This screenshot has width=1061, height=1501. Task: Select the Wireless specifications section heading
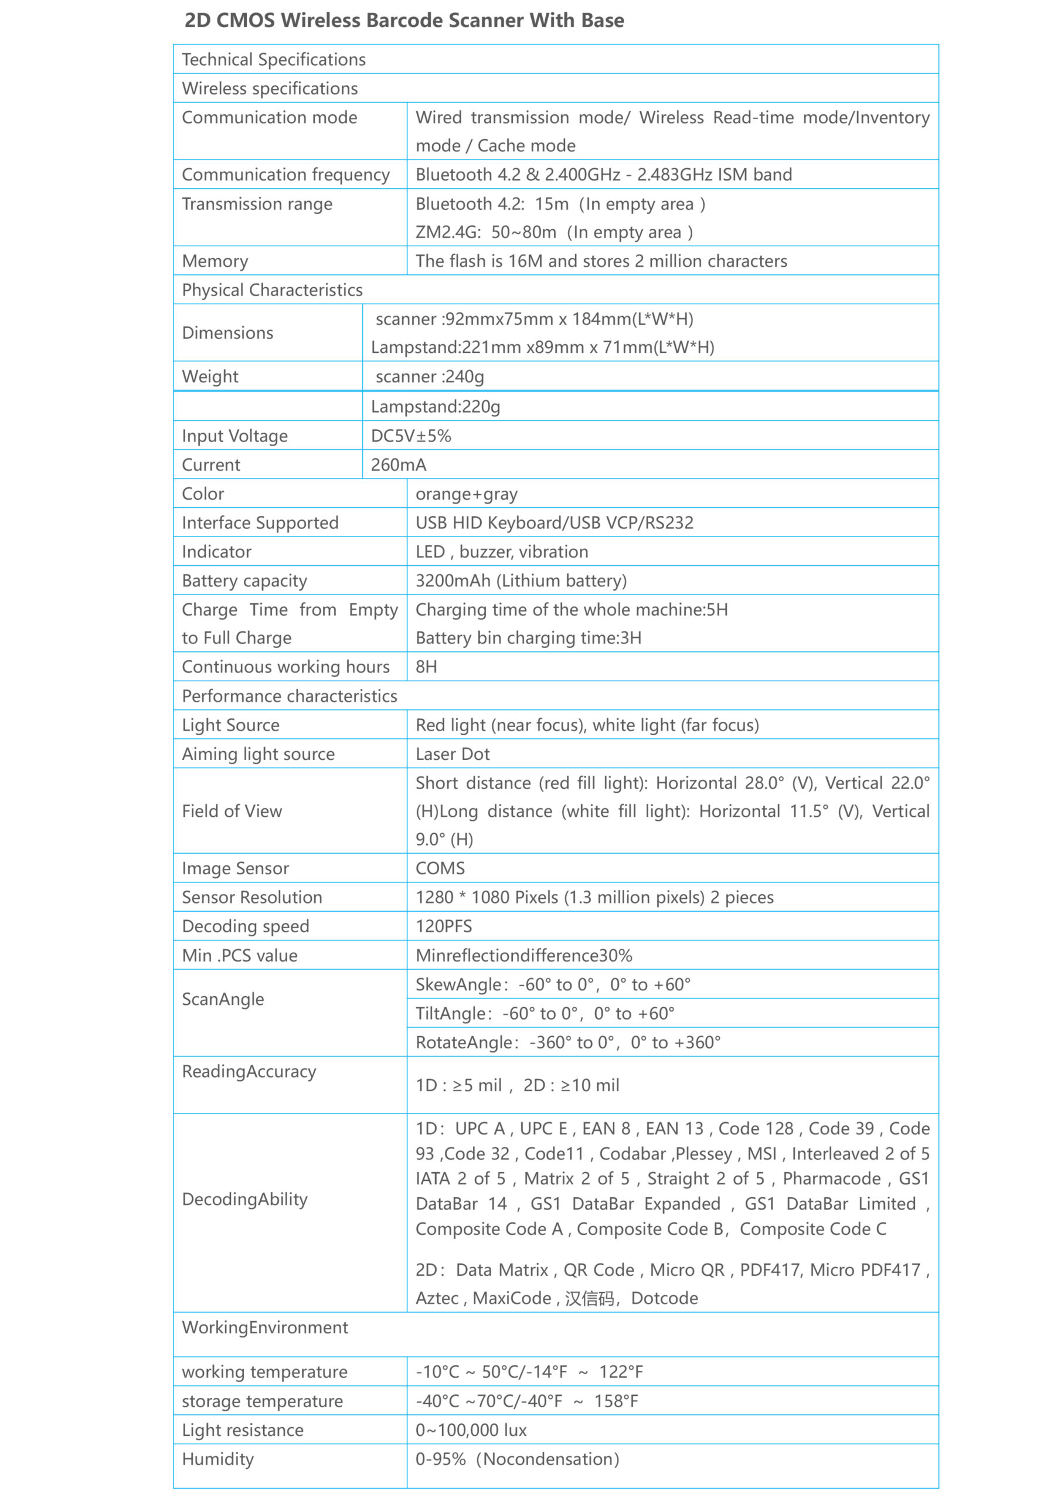pos(269,89)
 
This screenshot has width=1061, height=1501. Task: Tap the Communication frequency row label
pos(285,175)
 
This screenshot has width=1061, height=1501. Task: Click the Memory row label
pos(215,261)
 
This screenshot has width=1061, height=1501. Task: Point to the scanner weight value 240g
pos(430,376)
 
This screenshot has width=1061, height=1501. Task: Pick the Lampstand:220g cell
pos(436,407)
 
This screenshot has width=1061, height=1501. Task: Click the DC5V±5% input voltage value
pos(410,436)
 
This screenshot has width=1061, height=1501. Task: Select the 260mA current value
pos(398,465)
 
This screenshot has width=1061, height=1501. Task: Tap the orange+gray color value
pos(466,494)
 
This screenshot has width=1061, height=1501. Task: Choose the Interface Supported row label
pos(260,523)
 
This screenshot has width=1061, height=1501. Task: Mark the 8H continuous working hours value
pos(426,667)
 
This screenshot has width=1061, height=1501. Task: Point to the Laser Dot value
pos(453,754)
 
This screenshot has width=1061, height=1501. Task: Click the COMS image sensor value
pos(440,868)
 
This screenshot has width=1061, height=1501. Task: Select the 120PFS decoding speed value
pos(443,926)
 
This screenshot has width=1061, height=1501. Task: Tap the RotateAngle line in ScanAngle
pos(567,1042)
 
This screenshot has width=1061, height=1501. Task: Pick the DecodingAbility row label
pos(244,1199)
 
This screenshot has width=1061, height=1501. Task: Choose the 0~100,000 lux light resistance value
pos(471,1429)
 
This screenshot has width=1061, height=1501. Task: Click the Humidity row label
pos(217,1459)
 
